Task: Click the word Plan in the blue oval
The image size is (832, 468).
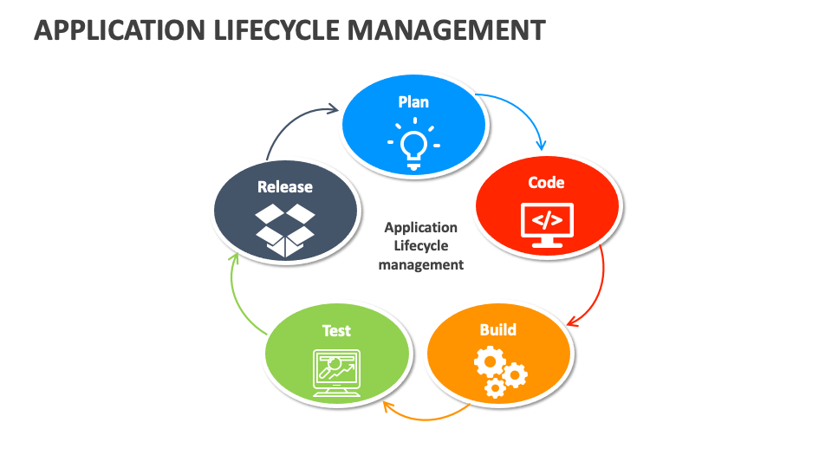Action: [413, 102]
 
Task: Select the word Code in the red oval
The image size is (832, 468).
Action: [547, 182]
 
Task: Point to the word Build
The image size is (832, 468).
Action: [498, 329]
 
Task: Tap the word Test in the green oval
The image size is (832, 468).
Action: [336, 330]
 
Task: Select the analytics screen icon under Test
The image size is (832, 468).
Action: [336, 373]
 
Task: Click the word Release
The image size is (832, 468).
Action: [285, 186]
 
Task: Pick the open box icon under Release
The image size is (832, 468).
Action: [285, 229]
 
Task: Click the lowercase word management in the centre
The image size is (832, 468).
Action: [421, 264]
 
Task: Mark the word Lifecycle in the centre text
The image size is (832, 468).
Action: [421, 246]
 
